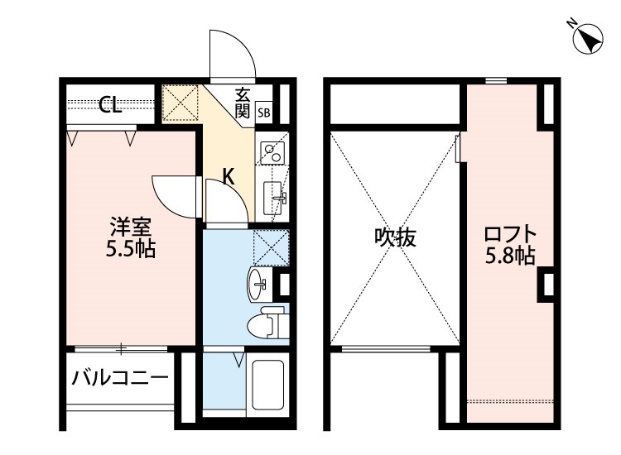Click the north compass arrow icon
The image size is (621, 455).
[589, 39]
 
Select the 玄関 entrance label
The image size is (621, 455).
[243, 103]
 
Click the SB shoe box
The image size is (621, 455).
[263, 112]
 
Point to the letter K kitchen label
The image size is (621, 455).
[229, 175]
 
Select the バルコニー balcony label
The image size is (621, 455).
[119, 379]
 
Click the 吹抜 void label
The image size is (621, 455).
[394, 238]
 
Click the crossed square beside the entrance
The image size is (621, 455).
[180, 103]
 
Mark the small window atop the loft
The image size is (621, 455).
[496, 80]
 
